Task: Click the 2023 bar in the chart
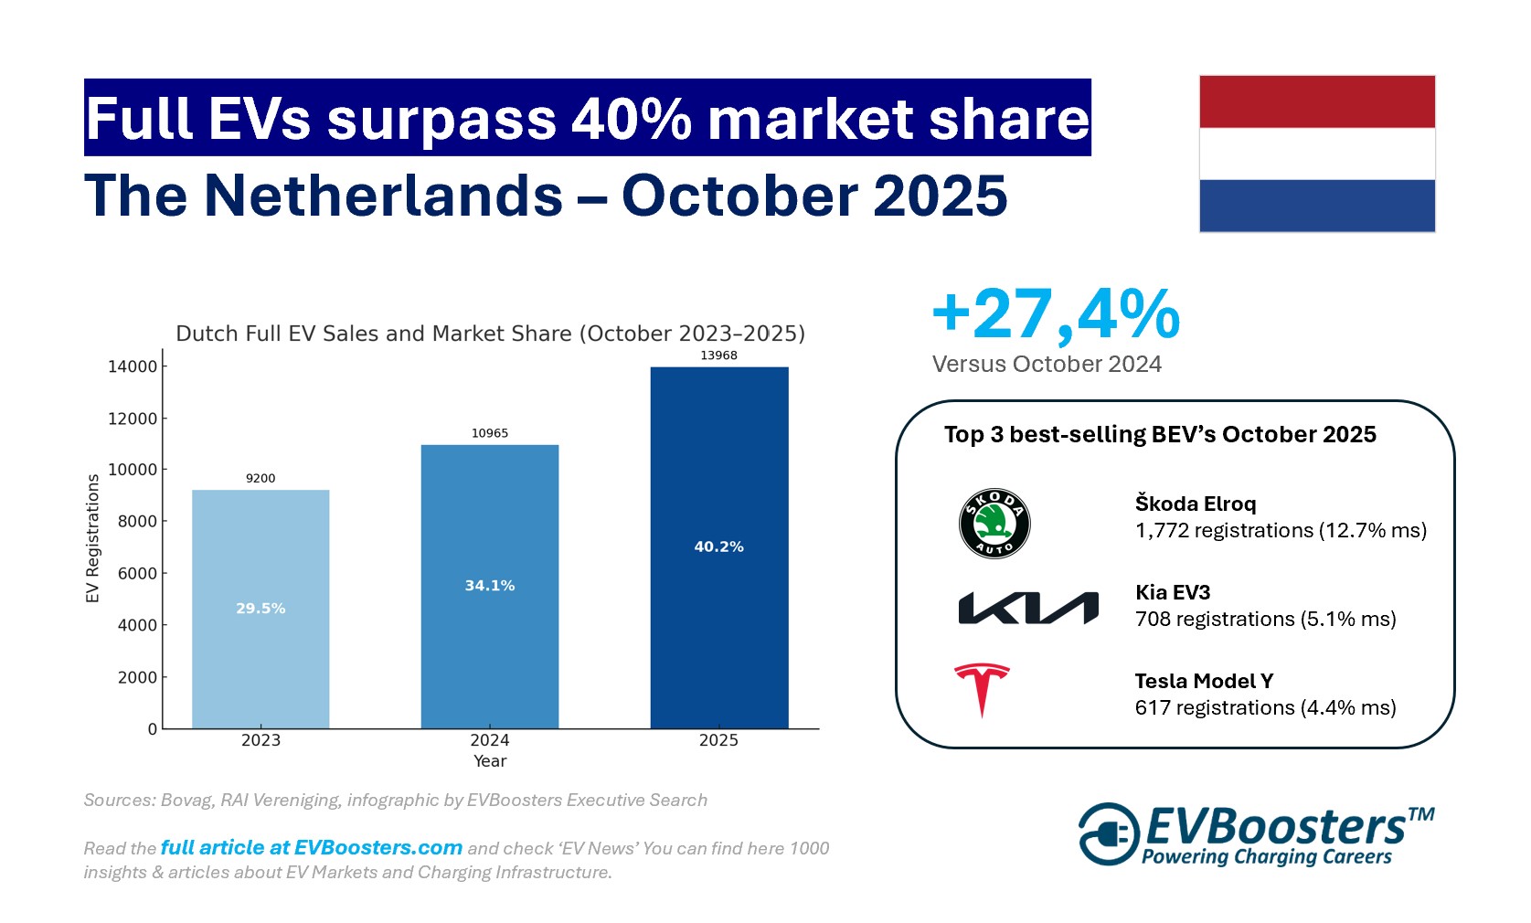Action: pyautogui.click(x=260, y=640)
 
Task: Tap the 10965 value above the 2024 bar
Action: pyautogui.click(x=490, y=433)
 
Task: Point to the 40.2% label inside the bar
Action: pyautogui.click(x=718, y=546)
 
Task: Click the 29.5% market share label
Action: pyautogui.click(x=260, y=608)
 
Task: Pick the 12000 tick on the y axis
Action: pyautogui.click(x=133, y=419)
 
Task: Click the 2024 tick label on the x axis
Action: pyautogui.click(x=490, y=740)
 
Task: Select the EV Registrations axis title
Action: pyautogui.click(x=92, y=538)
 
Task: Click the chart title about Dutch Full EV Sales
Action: pyautogui.click(x=490, y=334)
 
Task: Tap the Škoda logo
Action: pyautogui.click(x=994, y=524)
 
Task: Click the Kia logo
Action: pyautogui.click(x=1027, y=608)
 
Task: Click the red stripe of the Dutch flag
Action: pyautogui.click(x=1316, y=101)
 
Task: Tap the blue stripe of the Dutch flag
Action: pyautogui.click(x=1316, y=206)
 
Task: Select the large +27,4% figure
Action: pyautogui.click(x=1056, y=314)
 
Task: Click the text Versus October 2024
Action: pyautogui.click(x=1047, y=364)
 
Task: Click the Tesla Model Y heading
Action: pyautogui.click(x=1204, y=681)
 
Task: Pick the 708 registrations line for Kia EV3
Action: pyautogui.click(x=1265, y=619)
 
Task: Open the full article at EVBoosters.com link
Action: pyautogui.click(x=311, y=848)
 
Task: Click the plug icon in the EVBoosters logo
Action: pyautogui.click(x=1109, y=833)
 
